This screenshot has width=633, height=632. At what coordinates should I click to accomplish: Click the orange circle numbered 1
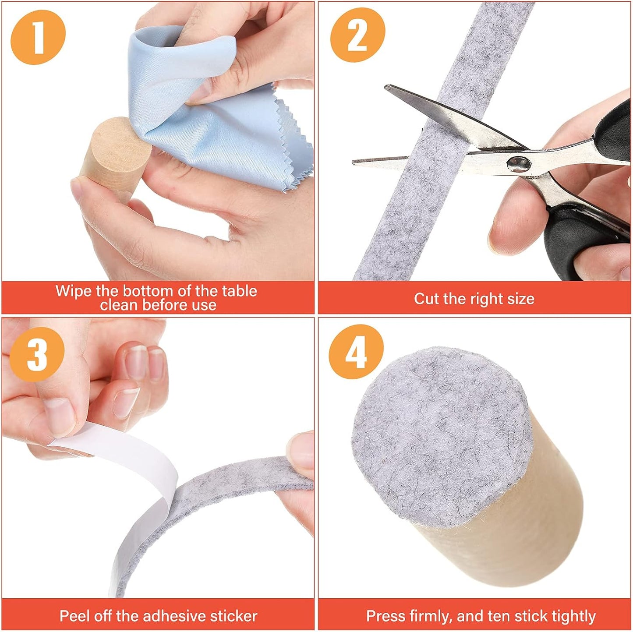pos(38,37)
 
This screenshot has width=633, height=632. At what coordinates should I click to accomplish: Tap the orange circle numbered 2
pos(357,35)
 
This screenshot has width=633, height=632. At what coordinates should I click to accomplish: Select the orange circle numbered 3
pos(37,354)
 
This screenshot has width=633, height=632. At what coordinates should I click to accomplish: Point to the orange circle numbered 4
pos(356,352)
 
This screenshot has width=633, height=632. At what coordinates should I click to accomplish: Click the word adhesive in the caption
pos(175,616)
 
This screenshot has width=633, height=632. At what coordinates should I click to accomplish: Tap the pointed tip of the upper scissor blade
pos(386,87)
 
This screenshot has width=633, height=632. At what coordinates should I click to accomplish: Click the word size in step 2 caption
pos(522,299)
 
